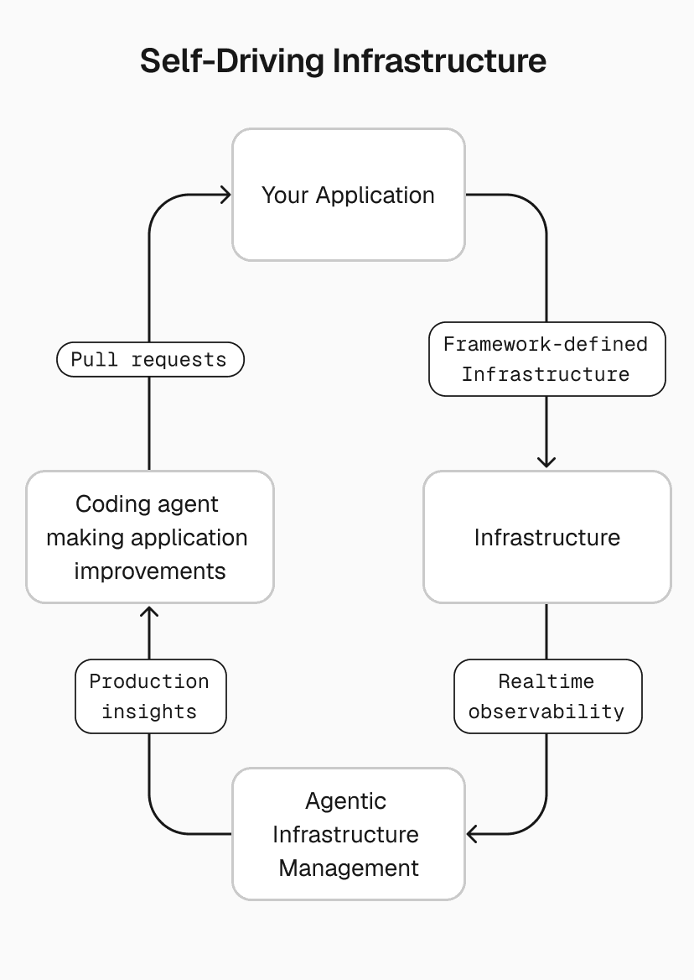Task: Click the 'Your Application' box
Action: click(348, 195)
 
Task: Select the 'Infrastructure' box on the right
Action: click(546, 537)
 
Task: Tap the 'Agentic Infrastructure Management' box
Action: click(348, 834)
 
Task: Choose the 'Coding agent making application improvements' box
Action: click(149, 537)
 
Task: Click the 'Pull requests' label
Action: click(149, 360)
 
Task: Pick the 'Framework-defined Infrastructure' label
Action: click(546, 359)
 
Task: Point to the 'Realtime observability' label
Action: click(546, 696)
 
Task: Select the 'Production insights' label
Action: click(149, 696)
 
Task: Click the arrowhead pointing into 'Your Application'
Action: click(225, 195)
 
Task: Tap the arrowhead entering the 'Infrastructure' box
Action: click(546, 461)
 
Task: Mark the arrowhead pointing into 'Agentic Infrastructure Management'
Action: click(473, 834)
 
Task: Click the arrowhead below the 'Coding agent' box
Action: click(149, 612)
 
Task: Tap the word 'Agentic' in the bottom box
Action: click(345, 801)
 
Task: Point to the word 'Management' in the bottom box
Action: click(348, 868)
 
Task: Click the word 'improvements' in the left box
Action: click(149, 571)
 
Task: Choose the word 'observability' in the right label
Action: click(546, 712)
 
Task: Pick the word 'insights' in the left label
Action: click(149, 712)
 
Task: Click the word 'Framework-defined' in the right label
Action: click(546, 344)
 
